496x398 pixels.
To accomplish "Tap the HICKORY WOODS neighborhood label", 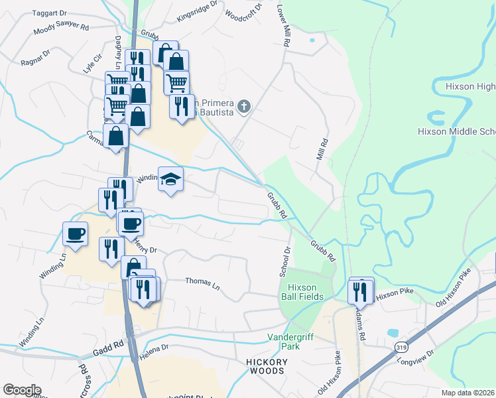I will (268, 366).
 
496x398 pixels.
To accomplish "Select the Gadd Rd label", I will (109, 344).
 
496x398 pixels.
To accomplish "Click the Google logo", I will (22, 390).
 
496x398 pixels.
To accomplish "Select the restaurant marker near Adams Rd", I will (360, 291).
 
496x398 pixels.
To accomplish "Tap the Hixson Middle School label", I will (456, 131).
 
